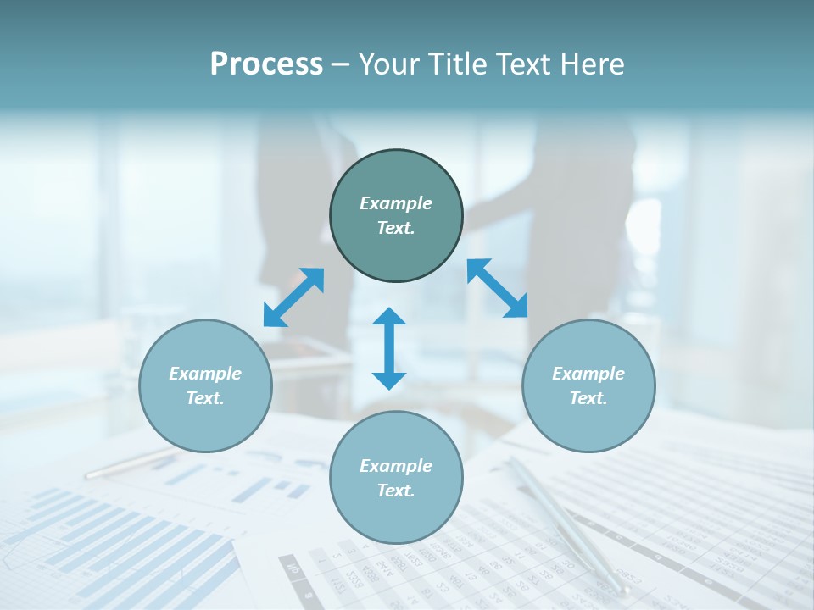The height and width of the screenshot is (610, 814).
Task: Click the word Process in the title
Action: pos(266,64)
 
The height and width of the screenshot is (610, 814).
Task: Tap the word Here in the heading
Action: pos(591,64)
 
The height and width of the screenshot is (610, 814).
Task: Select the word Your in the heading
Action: pos(391,64)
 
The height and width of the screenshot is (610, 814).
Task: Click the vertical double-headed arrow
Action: pos(389,348)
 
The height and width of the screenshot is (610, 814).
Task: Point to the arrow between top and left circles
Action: pos(293,297)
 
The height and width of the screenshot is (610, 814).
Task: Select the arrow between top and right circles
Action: pos(497,288)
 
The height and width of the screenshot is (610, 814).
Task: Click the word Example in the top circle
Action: pos(396,203)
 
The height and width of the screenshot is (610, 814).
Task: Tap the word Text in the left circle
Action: pos(205,398)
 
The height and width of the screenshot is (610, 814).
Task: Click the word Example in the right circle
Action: pos(588,374)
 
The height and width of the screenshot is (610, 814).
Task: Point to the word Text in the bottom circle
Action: pos(396,491)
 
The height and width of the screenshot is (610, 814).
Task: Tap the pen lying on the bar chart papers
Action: pos(127,464)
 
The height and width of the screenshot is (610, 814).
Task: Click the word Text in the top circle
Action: pos(396,228)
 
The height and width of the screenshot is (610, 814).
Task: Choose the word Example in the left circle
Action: pos(205,374)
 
